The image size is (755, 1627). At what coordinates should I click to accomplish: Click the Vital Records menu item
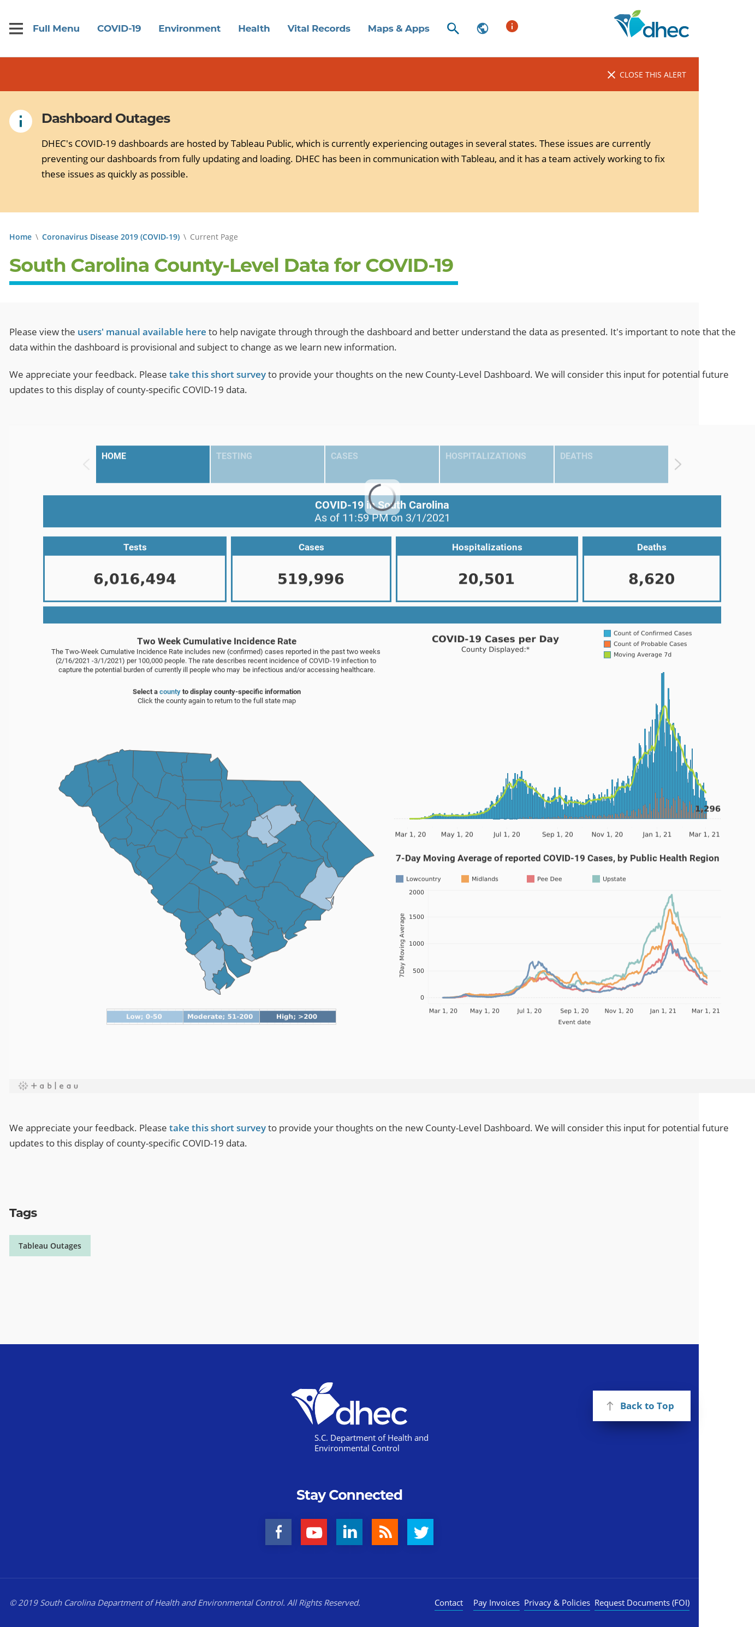[318, 28]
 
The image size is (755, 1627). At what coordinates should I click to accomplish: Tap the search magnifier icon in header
[453, 28]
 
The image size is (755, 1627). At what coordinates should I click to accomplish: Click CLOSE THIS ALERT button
[646, 75]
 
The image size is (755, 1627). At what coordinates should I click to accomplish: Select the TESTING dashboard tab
[267, 464]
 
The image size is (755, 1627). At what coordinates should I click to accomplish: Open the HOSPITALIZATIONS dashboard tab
[496, 464]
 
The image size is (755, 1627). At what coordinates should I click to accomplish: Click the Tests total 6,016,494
[134, 579]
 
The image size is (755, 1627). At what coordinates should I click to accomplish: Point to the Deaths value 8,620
[651, 579]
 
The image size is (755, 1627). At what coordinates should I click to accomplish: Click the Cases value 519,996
[311, 579]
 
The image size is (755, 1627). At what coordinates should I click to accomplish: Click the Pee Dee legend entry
[544, 878]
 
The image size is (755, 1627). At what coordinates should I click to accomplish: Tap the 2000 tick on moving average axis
[416, 892]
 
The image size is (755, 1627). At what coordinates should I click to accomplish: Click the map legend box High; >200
[296, 1016]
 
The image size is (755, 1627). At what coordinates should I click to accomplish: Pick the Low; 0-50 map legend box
[145, 1016]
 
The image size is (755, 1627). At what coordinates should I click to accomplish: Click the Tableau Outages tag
[50, 1245]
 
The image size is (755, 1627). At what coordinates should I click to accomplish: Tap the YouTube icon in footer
[314, 1531]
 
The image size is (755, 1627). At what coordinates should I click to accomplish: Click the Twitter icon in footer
[420, 1531]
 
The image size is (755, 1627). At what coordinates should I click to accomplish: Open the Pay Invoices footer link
[496, 1602]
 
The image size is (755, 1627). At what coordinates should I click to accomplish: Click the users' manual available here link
[141, 331]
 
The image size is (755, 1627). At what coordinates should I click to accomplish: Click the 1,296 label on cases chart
[708, 809]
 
